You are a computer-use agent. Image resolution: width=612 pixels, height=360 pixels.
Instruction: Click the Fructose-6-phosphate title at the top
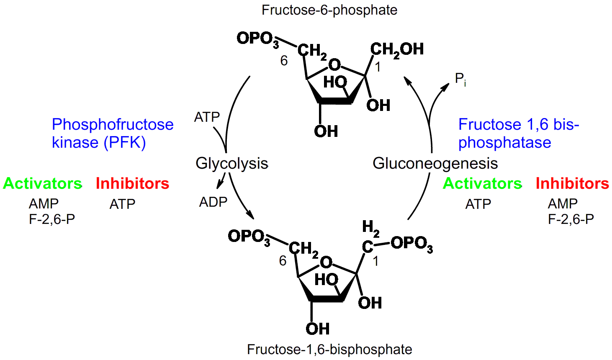point(329,10)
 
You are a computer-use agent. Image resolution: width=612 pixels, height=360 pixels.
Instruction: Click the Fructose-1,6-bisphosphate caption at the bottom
point(329,349)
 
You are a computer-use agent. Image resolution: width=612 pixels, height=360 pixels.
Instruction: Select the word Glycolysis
point(231,163)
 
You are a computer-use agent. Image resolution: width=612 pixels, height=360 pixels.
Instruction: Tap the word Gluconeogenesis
point(435,163)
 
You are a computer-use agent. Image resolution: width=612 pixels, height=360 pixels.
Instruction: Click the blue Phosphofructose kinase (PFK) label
point(112,133)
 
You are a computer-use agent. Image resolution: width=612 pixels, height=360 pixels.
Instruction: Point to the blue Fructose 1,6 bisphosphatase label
point(518,133)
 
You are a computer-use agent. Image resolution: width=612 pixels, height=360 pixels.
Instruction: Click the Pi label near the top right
point(460,79)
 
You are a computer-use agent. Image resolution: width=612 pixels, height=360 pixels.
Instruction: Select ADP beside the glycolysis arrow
point(213,202)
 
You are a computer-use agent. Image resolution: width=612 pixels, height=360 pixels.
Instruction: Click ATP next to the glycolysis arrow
point(207,117)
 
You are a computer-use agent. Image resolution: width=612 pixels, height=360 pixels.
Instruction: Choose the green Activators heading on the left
point(42,183)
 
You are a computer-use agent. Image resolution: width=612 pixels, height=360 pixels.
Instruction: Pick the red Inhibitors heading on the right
point(572,183)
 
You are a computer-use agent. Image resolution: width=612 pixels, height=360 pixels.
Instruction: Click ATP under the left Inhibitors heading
point(122,204)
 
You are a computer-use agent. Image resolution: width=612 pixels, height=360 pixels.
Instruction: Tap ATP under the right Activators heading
point(478,204)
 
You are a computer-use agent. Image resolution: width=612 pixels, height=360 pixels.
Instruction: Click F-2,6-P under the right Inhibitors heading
point(571,219)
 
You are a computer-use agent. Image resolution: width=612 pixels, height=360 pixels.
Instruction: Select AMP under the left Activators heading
point(44,204)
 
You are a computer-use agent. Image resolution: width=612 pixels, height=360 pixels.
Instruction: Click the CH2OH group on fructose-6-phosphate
point(396,49)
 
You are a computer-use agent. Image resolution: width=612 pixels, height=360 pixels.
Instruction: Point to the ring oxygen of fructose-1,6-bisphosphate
point(326,262)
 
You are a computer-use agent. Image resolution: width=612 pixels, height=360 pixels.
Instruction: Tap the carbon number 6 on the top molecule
point(284,61)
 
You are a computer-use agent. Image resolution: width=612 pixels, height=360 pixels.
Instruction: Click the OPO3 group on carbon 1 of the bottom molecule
point(411,244)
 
